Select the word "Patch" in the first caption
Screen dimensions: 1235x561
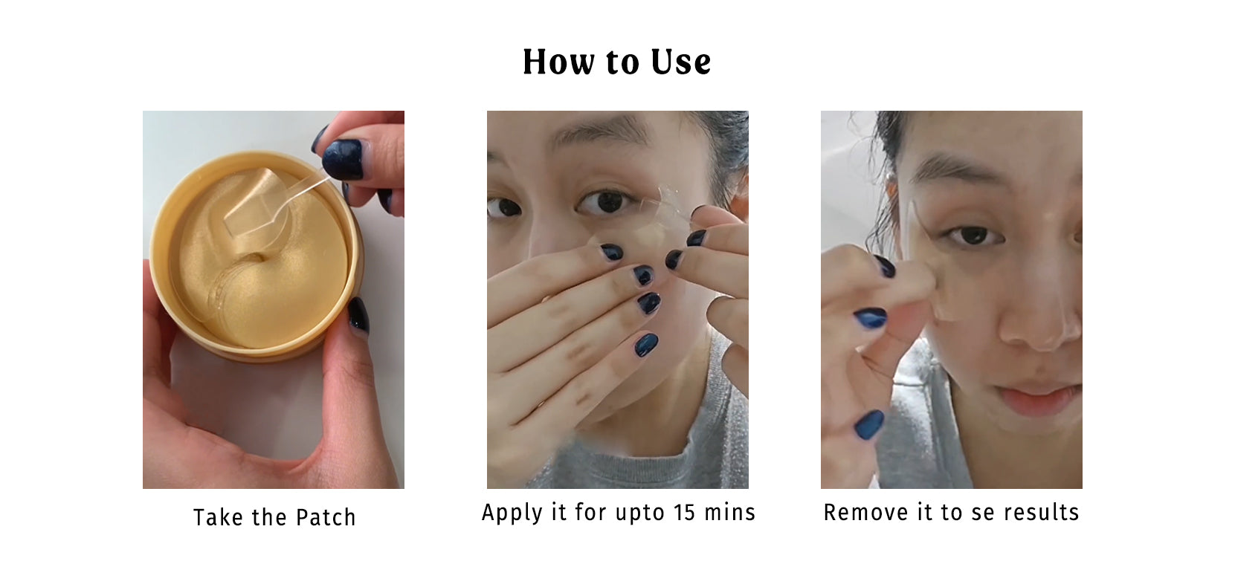326,517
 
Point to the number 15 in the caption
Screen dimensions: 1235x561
684,513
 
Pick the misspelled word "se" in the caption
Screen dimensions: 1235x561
982,513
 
